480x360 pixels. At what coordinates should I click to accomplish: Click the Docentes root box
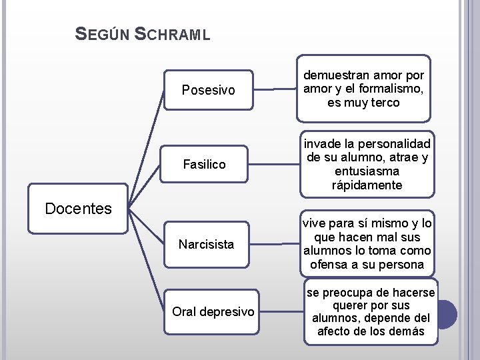pyautogui.click(x=78, y=209)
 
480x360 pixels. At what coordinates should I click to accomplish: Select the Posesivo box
pyautogui.click(x=209, y=90)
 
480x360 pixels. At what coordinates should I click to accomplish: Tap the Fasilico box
pyautogui.click(x=205, y=164)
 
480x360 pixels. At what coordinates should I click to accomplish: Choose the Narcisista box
pyautogui.click(x=206, y=244)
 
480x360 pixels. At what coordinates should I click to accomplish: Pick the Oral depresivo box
pyautogui.click(x=213, y=311)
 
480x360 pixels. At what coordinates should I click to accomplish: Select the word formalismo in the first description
pyautogui.click(x=392, y=89)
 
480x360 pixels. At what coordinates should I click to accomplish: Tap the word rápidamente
pyautogui.click(x=367, y=185)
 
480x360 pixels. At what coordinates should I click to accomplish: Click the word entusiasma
pyautogui.click(x=367, y=171)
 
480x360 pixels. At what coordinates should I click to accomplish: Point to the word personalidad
pyautogui.click(x=388, y=145)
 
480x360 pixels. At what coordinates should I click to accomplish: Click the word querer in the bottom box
pyautogui.click(x=350, y=305)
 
